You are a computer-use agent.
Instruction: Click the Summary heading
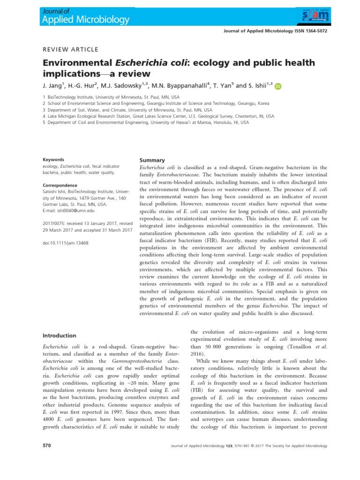tap(153, 160)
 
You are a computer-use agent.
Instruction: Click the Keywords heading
tap(53, 159)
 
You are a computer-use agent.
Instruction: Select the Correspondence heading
tap(60, 185)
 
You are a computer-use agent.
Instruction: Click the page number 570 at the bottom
tap(47, 445)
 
